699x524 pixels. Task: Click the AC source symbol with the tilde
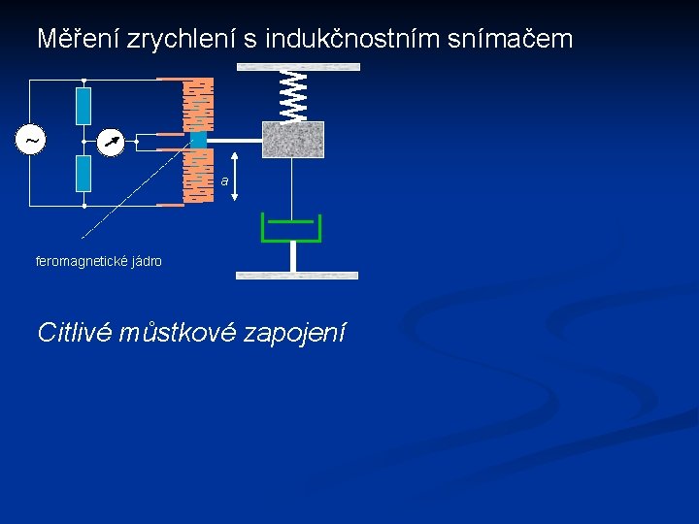33,141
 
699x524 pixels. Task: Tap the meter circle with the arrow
112,143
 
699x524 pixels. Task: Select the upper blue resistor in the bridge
84,106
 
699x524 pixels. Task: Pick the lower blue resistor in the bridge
84,174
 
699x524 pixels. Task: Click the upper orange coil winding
198,103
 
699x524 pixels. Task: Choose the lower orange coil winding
198,176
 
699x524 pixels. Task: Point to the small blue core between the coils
198,141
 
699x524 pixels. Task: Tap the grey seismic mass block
293,140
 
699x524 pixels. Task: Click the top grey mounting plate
298,67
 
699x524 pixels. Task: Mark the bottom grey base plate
298,276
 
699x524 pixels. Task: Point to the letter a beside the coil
223,181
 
